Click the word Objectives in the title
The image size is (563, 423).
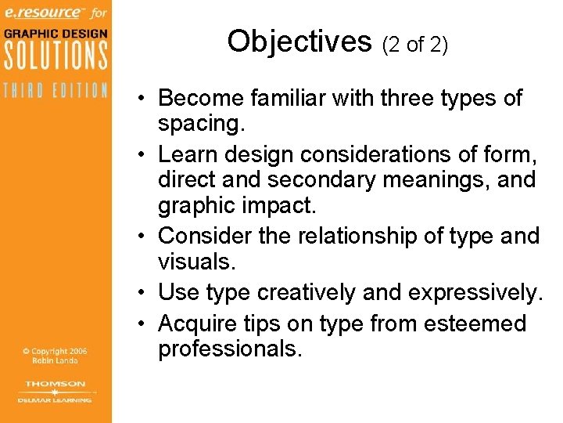pos(299,41)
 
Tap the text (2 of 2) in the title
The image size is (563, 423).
pos(414,45)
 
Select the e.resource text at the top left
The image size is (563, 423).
pos(41,13)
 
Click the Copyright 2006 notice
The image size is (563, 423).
pos(56,352)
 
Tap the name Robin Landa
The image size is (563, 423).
pos(56,362)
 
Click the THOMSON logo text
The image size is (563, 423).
pos(56,384)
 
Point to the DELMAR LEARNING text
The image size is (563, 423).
pos(56,399)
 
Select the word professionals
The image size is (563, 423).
pos(230,349)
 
